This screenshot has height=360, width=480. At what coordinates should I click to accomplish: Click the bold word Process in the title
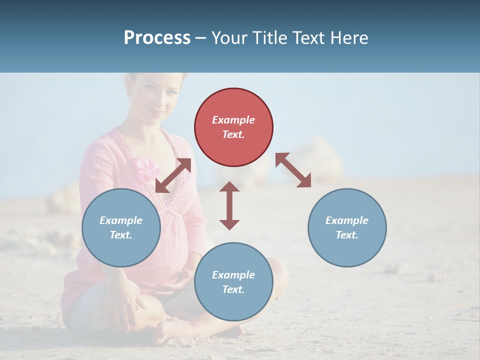pyautogui.click(x=157, y=38)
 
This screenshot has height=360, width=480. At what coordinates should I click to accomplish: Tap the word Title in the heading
pyautogui.click(x=268, y=38)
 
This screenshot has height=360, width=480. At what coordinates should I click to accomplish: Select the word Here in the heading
pyautogui.click(x=349, y=38)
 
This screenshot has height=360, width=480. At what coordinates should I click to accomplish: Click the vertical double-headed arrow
pyautogui.click(x=229, y=205)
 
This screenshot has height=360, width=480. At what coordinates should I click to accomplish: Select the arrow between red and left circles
pyautogui.click(x=173, y=175)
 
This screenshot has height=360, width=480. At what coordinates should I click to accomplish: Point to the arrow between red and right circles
pyautogui.click(x=293, y=170)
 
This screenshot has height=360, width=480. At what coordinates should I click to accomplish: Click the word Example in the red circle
pyautogui.click(x=233, y=120)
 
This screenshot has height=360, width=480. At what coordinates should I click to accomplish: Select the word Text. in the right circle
pyautogui.click(x=347, y=235)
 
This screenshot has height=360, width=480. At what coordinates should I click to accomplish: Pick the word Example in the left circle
pyautogui.click(x=121, y=220)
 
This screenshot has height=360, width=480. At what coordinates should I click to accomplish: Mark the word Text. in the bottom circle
pyautogui.click(x=233, y=289)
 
